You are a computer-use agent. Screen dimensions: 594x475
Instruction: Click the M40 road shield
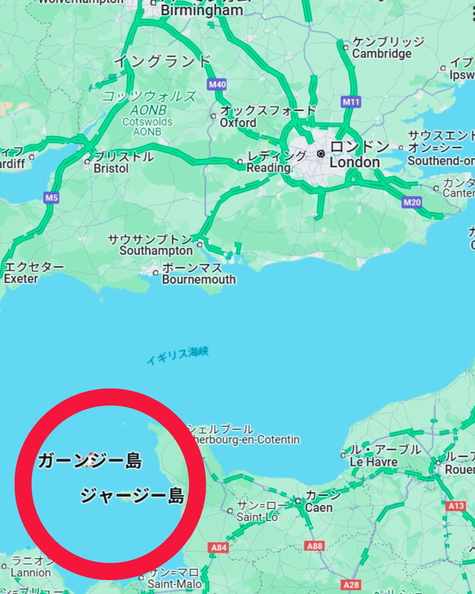[x=217, y=84]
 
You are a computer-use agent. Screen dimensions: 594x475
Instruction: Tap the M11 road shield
[x=351, y=102]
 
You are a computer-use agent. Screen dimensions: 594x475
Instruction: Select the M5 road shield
[x=51, y=198]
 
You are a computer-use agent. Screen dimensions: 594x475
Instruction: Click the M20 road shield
[x=412, y=203]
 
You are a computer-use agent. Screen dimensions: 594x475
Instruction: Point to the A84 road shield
[x=218, y=548]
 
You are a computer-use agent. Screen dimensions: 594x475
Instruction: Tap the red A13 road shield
[x=456, y=506]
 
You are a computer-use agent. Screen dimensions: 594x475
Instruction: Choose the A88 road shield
[x=315, y=546]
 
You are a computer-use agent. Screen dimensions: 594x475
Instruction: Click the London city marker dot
[x=321, y=153]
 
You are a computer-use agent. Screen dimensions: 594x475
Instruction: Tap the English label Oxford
[x=238, y=123]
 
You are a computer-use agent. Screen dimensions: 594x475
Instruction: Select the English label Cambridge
[x=382, y=53]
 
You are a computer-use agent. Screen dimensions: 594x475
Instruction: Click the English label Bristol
[x=111, y=168]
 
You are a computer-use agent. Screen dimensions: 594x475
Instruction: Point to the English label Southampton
[x=156, y=251]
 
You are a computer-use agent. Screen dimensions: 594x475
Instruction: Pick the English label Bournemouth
[x=199, y=280]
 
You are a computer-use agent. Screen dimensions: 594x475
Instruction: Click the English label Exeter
[x=21, y=279]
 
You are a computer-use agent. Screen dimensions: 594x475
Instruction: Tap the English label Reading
[x=268, y=168]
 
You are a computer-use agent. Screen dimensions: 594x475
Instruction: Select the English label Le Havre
[x=373, y=462]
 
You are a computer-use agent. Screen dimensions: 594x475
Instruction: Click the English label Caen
[x=319, y=508]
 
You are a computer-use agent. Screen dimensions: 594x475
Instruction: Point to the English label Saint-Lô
[x=257, y=517]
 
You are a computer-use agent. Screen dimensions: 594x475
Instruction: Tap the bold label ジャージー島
[x=133, y=495]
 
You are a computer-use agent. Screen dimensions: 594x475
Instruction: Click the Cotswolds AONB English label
[x=147, y=126]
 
